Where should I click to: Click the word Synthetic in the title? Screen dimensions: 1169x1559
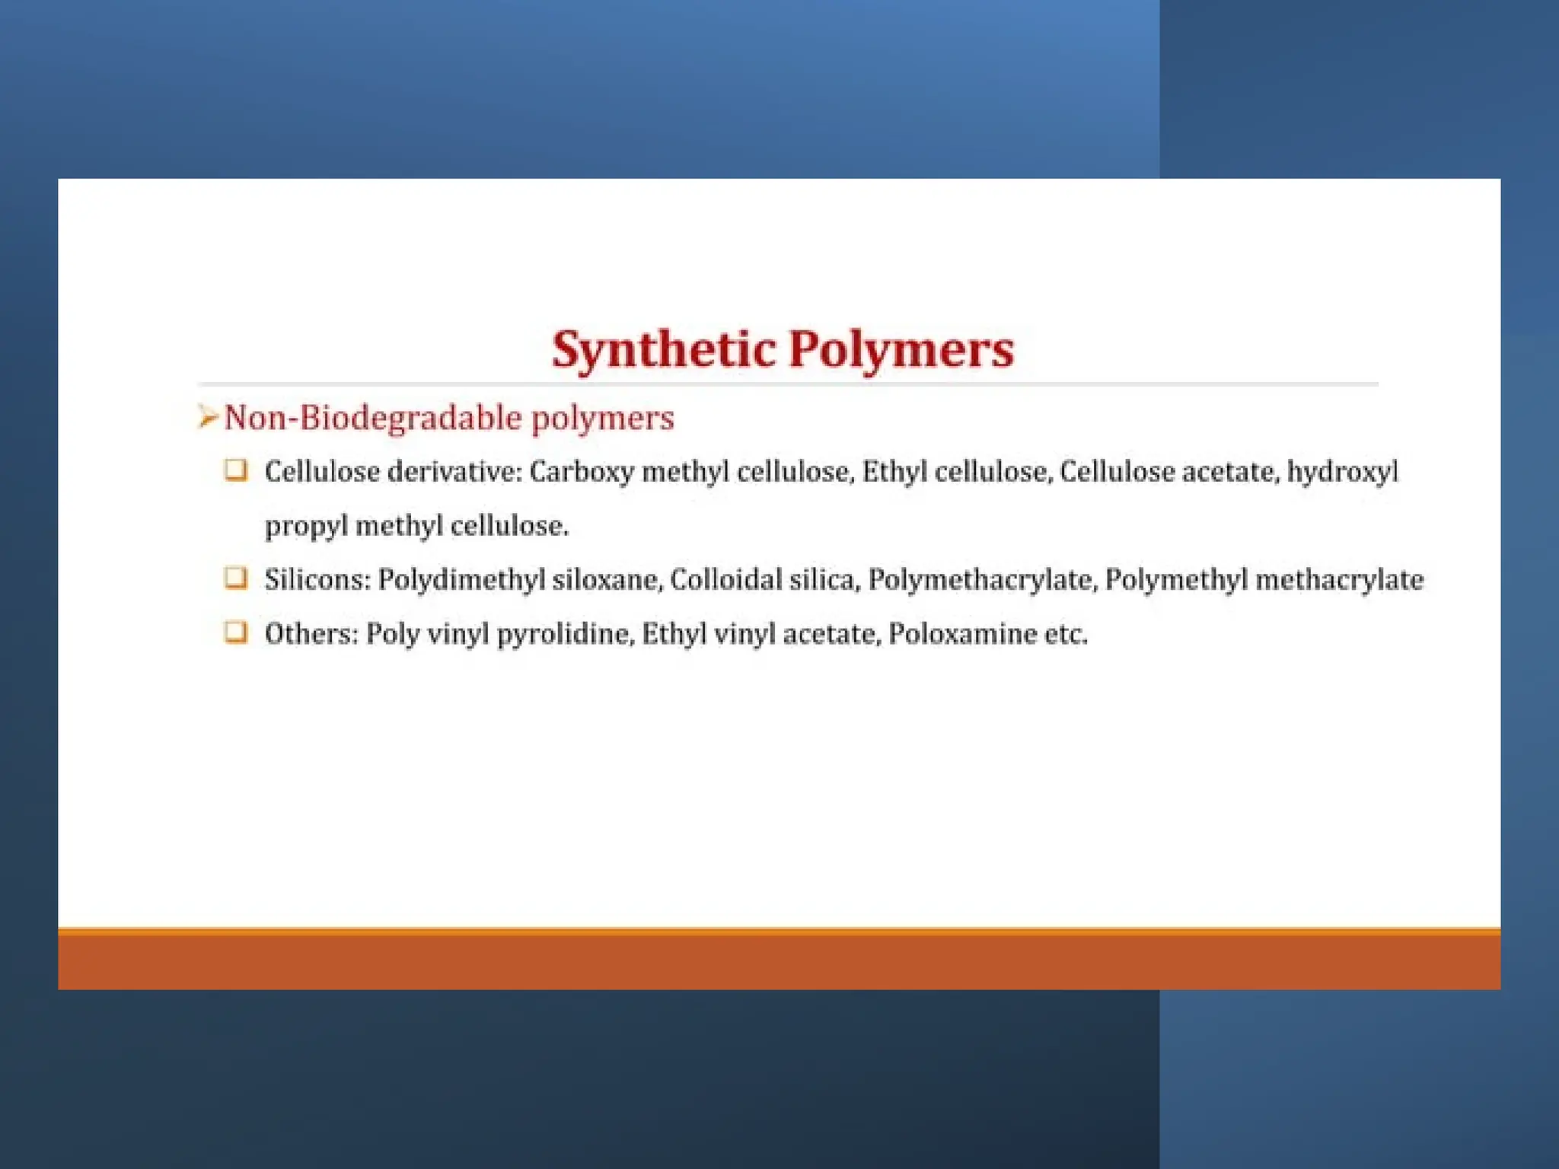click(663, 350)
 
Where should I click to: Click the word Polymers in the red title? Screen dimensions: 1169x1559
click(901, 350)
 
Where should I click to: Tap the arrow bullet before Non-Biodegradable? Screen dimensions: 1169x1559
click(207, 417)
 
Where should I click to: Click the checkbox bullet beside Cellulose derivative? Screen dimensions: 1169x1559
click(236, 470)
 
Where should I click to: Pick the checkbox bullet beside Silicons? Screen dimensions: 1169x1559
click(236, 578)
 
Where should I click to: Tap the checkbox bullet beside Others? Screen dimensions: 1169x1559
click(236, 632)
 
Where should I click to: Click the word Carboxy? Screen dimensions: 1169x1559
click(582, 473)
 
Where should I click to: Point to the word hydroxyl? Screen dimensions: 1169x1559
click(1342, 473)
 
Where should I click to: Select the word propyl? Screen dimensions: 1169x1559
click(306, 527)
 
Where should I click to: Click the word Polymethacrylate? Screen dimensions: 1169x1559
click(982, 580)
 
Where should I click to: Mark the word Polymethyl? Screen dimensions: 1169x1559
click(1176, 580)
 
